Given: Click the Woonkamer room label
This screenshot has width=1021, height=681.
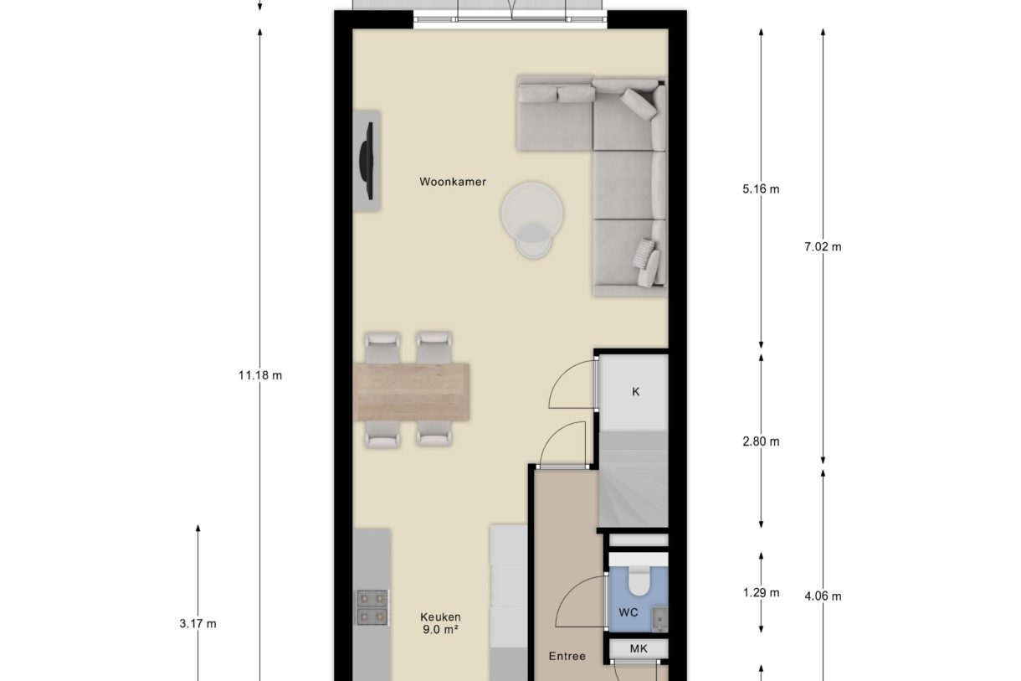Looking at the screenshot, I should coord(453,182).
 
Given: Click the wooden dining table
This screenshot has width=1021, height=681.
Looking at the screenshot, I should coord(412,391).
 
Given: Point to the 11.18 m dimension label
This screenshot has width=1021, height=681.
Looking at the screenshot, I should coord(260,375).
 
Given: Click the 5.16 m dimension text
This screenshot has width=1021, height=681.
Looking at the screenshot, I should coord(760,188).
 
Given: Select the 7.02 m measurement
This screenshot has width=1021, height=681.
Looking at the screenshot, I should coord(822,246).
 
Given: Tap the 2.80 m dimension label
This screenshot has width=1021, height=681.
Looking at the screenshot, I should coord(760,441).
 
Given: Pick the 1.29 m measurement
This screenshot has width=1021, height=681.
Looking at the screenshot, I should coord(760,593).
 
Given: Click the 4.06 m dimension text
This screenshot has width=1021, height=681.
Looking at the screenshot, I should coord(822,596).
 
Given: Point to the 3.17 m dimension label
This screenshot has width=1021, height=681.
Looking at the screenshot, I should coord(198,623).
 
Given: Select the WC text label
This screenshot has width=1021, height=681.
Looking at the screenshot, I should coord(628,612).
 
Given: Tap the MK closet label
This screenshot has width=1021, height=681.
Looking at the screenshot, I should coord(639,648).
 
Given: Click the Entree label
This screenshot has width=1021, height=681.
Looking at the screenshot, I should coord(567,656).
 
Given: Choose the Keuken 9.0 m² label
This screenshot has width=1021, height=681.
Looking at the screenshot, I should coord(440,623).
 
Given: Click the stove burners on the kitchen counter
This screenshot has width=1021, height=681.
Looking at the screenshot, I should coord(372,607).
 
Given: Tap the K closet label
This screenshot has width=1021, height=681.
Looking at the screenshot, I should coord(635,391).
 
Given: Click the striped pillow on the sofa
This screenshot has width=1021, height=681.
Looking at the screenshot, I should coord(645,251).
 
